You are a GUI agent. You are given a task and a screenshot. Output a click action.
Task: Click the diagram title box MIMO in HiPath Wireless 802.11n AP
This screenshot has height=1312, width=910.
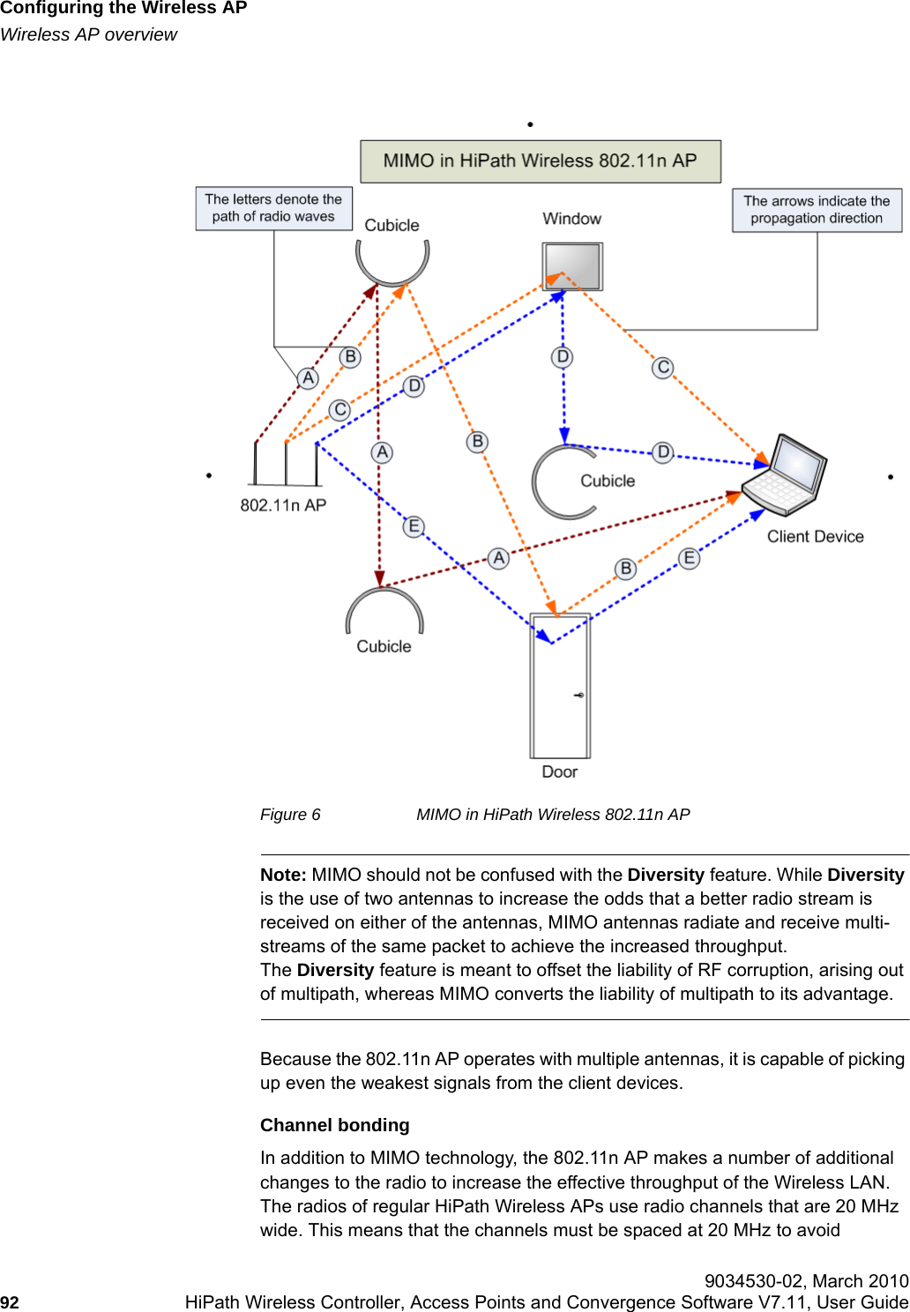pyautogui.click(x=541, y=161)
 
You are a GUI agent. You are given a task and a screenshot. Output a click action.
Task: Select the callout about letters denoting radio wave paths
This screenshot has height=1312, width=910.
pyautogui.click(x=273, y=208)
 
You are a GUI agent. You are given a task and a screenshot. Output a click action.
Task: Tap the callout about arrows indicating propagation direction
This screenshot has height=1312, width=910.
pyautogui.click(x=817, y=210)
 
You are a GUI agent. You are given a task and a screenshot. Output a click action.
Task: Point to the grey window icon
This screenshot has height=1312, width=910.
pyautogui.click(x=571, y=265)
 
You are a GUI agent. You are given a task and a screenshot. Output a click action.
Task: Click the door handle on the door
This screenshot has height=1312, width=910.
pyautogui.click(x=579, y=695)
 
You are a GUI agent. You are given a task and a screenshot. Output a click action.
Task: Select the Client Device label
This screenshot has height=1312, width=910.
pyautogui.click(x=815, y=537)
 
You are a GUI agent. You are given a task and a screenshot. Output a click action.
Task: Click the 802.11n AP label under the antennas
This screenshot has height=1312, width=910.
pyautogui.click(x=283, y=505)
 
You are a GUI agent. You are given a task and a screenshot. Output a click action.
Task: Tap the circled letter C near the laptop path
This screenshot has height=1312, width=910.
pyautogui.click(x=663, y=368)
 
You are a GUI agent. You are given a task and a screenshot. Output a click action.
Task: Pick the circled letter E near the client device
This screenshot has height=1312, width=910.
pyautogui.click(x=690, y=558)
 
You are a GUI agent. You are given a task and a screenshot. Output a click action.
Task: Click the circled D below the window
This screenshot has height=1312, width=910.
pyautogui.click(x=563, y=357)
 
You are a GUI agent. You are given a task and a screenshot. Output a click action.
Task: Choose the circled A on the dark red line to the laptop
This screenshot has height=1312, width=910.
pyautogui.click(x=499, y=558)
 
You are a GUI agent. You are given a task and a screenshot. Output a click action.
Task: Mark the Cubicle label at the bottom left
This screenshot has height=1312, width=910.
pyautogui.click(x=384, y=646)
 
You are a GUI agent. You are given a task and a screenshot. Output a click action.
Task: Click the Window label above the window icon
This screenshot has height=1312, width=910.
pyautogui.click(x=571, y=219)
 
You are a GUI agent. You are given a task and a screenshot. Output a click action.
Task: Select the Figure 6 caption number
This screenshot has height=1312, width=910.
pyautogui.click(x=290, y=815)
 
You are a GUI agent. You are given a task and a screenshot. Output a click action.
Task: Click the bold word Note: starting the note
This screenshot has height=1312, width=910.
pyautogui.click(x=283, y=875)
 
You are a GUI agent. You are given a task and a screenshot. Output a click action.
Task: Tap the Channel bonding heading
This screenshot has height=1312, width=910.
pyautogui.click(x=334, y=1125)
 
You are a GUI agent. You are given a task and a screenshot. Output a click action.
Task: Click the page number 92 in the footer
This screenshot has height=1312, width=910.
pyautogui.click(x=10, y=1302)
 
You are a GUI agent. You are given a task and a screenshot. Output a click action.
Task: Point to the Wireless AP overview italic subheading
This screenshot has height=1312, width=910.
pyautogui.click(x=88, y=34)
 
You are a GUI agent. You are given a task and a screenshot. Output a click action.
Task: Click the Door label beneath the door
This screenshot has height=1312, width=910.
pyautogui.click(x=559, y=772)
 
